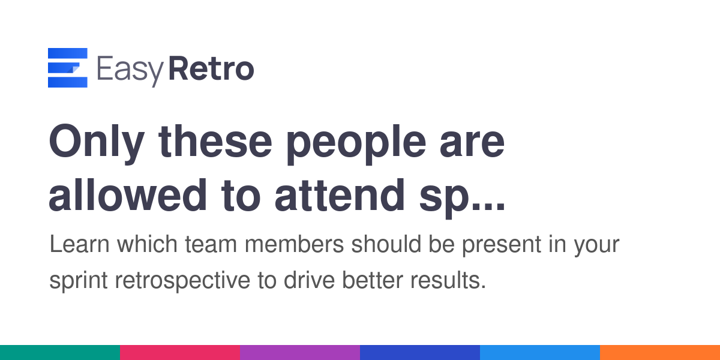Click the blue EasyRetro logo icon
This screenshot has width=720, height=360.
(67, 67)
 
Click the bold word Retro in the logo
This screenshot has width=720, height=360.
(211, 68)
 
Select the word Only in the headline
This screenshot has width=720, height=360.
(97, 143)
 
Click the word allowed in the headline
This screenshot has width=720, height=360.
(128, 195)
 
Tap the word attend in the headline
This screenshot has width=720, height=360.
(340, 196)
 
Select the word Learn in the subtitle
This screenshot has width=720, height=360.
(79, 244)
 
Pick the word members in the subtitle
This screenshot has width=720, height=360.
(294, 244)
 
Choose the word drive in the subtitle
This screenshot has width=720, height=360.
(309, 280)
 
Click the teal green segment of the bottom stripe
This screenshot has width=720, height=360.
(60, 353)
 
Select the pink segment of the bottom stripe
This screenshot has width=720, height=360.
(180, 353)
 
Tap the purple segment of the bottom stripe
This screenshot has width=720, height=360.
(300, 353)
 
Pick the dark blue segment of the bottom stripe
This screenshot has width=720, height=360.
(420, 353)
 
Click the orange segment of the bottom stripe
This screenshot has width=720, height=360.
(660, 353)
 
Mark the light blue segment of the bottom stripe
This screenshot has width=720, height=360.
(540, 353)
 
